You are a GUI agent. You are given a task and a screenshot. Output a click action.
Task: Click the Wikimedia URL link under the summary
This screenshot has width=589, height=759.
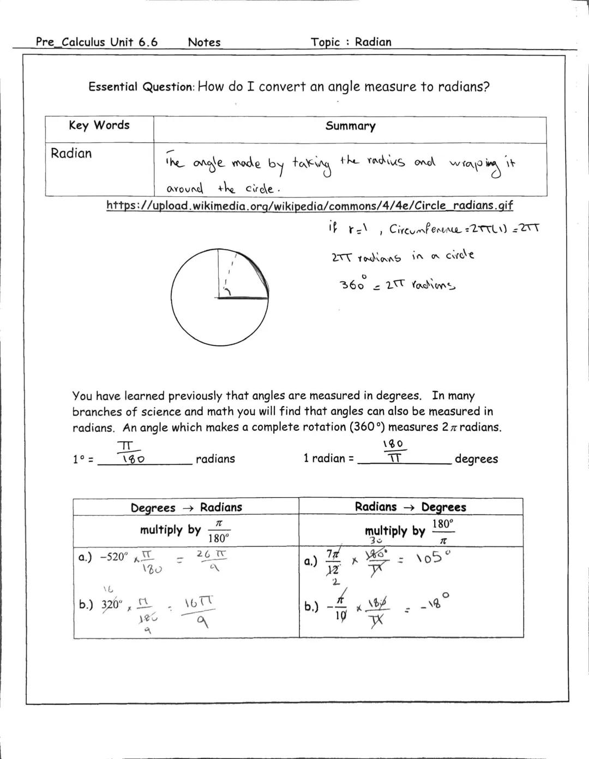pos(309,206)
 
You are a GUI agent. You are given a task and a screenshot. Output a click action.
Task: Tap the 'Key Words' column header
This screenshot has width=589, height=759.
pos(99,125)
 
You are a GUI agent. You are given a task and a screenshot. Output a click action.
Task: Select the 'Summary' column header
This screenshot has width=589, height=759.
pos(350,126)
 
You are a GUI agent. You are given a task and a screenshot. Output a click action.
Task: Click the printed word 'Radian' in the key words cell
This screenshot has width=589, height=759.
pos(71,153)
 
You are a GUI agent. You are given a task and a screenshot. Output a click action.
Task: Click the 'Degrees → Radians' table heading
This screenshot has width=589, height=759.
pos(186,508)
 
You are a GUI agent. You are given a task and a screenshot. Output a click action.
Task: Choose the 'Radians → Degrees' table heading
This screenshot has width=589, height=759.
pos(410,507)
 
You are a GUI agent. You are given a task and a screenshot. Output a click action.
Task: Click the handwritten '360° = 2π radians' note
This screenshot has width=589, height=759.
pos(398,284)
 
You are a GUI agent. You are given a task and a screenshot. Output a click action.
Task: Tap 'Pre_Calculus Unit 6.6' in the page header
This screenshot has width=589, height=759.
pos(97,42)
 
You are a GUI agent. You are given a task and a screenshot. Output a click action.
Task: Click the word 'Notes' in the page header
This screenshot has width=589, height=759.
pos(204,42)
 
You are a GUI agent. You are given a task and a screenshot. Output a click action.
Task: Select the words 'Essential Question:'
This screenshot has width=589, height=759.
pos(141,87)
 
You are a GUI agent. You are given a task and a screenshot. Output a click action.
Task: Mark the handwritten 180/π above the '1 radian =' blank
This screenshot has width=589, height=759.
pos(396,451)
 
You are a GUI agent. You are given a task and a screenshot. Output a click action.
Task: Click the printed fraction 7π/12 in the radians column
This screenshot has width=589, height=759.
pos(333,561)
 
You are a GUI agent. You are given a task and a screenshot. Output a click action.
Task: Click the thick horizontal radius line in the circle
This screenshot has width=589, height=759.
pos(243,298)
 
